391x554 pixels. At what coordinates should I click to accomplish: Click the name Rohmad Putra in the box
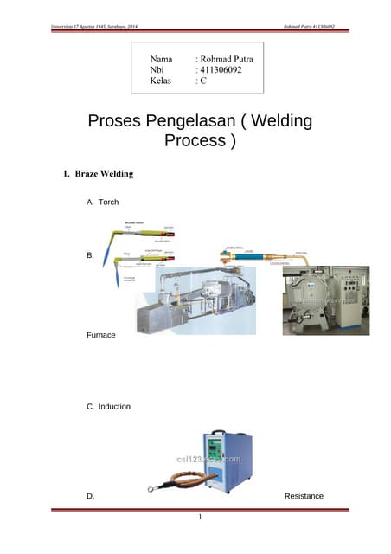click(226, 60)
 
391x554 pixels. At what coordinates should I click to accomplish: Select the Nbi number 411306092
click(221, 70)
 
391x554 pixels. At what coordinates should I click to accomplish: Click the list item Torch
click(108, 202)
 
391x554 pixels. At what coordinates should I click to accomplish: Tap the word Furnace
click(100, 333)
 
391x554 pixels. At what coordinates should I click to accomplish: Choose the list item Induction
click(113, 406)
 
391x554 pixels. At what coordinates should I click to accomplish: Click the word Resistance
click(304, 496)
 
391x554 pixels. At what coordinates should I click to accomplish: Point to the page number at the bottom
click(199, 518)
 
